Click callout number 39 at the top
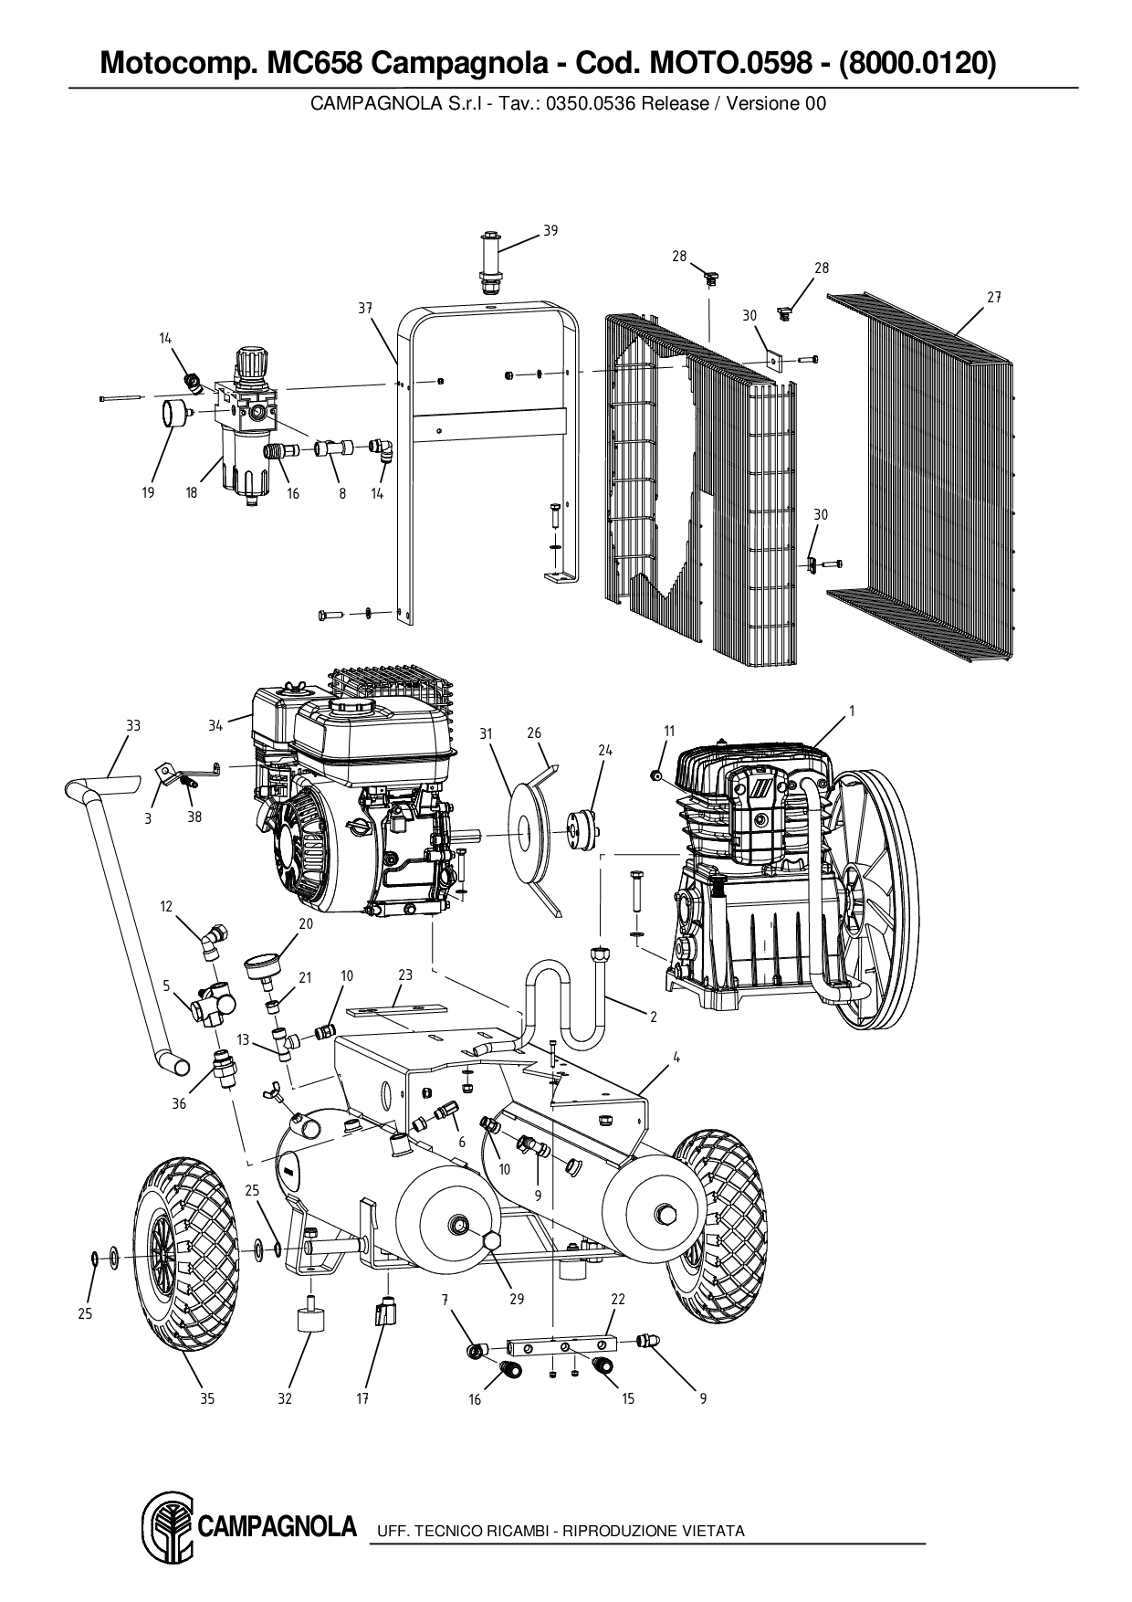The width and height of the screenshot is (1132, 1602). tap(550, 230)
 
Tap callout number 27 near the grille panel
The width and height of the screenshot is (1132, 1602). tap(994, 297)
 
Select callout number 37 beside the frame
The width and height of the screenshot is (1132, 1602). tap(365, 309)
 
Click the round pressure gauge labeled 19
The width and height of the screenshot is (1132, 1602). tap(171, 414)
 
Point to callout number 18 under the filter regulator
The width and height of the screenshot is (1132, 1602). tap(192, 493)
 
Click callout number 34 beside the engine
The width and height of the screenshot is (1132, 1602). tap(215, 726)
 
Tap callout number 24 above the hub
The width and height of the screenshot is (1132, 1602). tap(605, 750)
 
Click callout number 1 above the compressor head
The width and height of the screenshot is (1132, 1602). tap(851, 710)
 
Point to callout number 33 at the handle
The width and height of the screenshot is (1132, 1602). tap(133, 725)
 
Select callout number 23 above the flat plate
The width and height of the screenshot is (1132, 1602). tap(405, 975)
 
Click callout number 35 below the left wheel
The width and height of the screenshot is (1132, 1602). tap(207, 1398)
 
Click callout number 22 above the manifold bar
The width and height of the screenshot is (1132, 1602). tap(618, 1299)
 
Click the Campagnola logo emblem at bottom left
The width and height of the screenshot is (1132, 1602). tap(164, 1527)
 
